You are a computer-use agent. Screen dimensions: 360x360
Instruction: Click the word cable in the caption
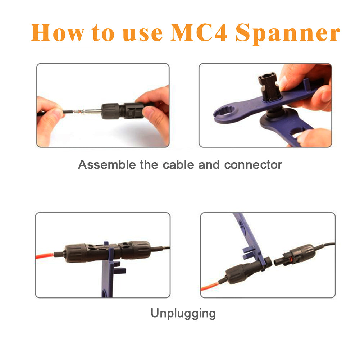click(x=178, y=165)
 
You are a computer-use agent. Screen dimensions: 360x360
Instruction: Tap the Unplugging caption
click(x=183, y=313)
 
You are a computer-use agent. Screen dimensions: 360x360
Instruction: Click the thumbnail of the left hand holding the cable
click(x=50, y=114)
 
